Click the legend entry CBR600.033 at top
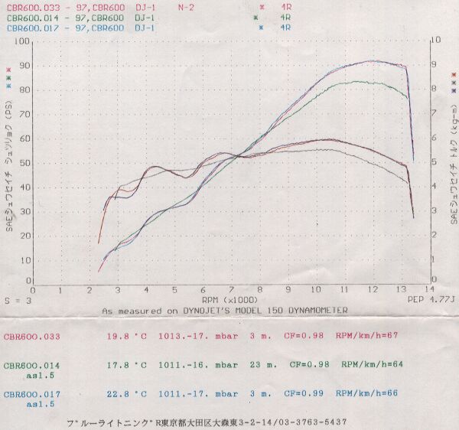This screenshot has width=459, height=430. pyautogui.click(x=31, y=7)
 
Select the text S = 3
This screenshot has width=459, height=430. pyautogui.click(x=17, y=301)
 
